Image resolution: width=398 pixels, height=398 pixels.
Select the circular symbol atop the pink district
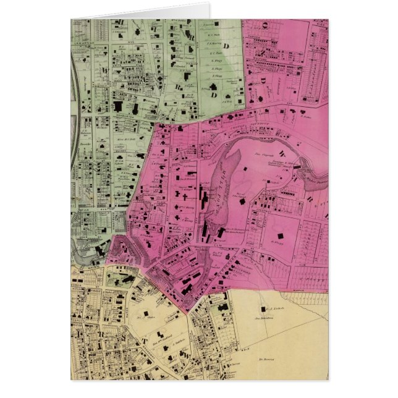coord(265,25)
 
